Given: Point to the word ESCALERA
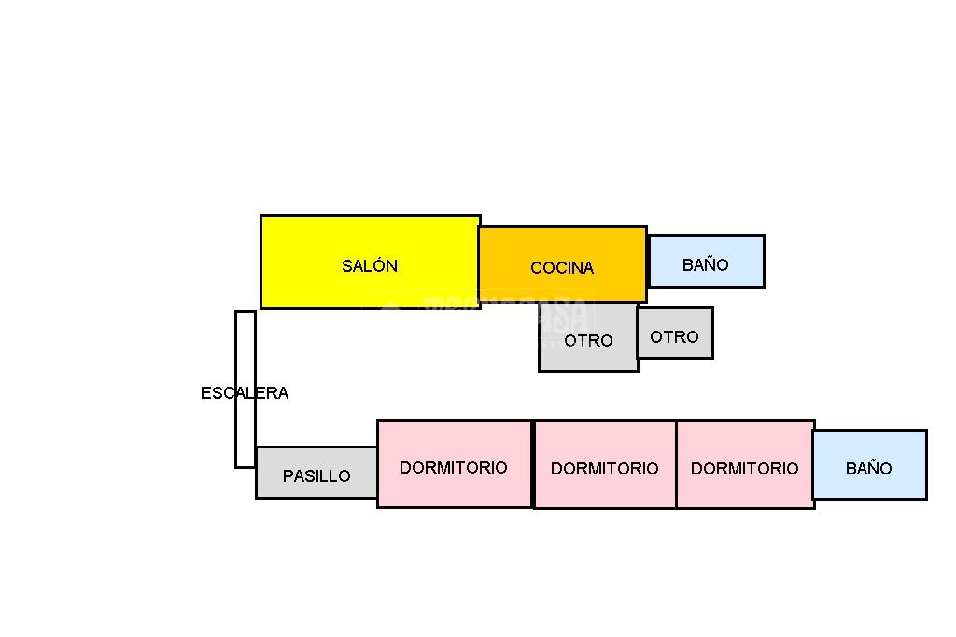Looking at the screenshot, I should point(245,393).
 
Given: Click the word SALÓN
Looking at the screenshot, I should point(370,266).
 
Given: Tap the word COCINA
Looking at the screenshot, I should point(562,268).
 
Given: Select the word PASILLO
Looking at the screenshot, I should point(316,476).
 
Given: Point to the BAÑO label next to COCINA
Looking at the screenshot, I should point(706,265).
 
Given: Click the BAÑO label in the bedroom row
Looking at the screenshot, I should point(869,469).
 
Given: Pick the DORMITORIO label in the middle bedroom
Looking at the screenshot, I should point(604,469).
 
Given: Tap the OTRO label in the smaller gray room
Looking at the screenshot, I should point(674,337).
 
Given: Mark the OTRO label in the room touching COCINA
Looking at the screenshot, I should point(588,341).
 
